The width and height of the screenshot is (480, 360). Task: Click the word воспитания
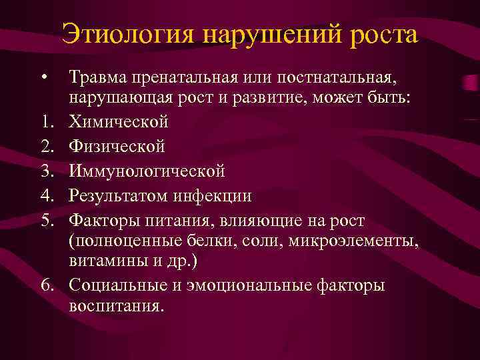pyautogui.click(x=115, y=307)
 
